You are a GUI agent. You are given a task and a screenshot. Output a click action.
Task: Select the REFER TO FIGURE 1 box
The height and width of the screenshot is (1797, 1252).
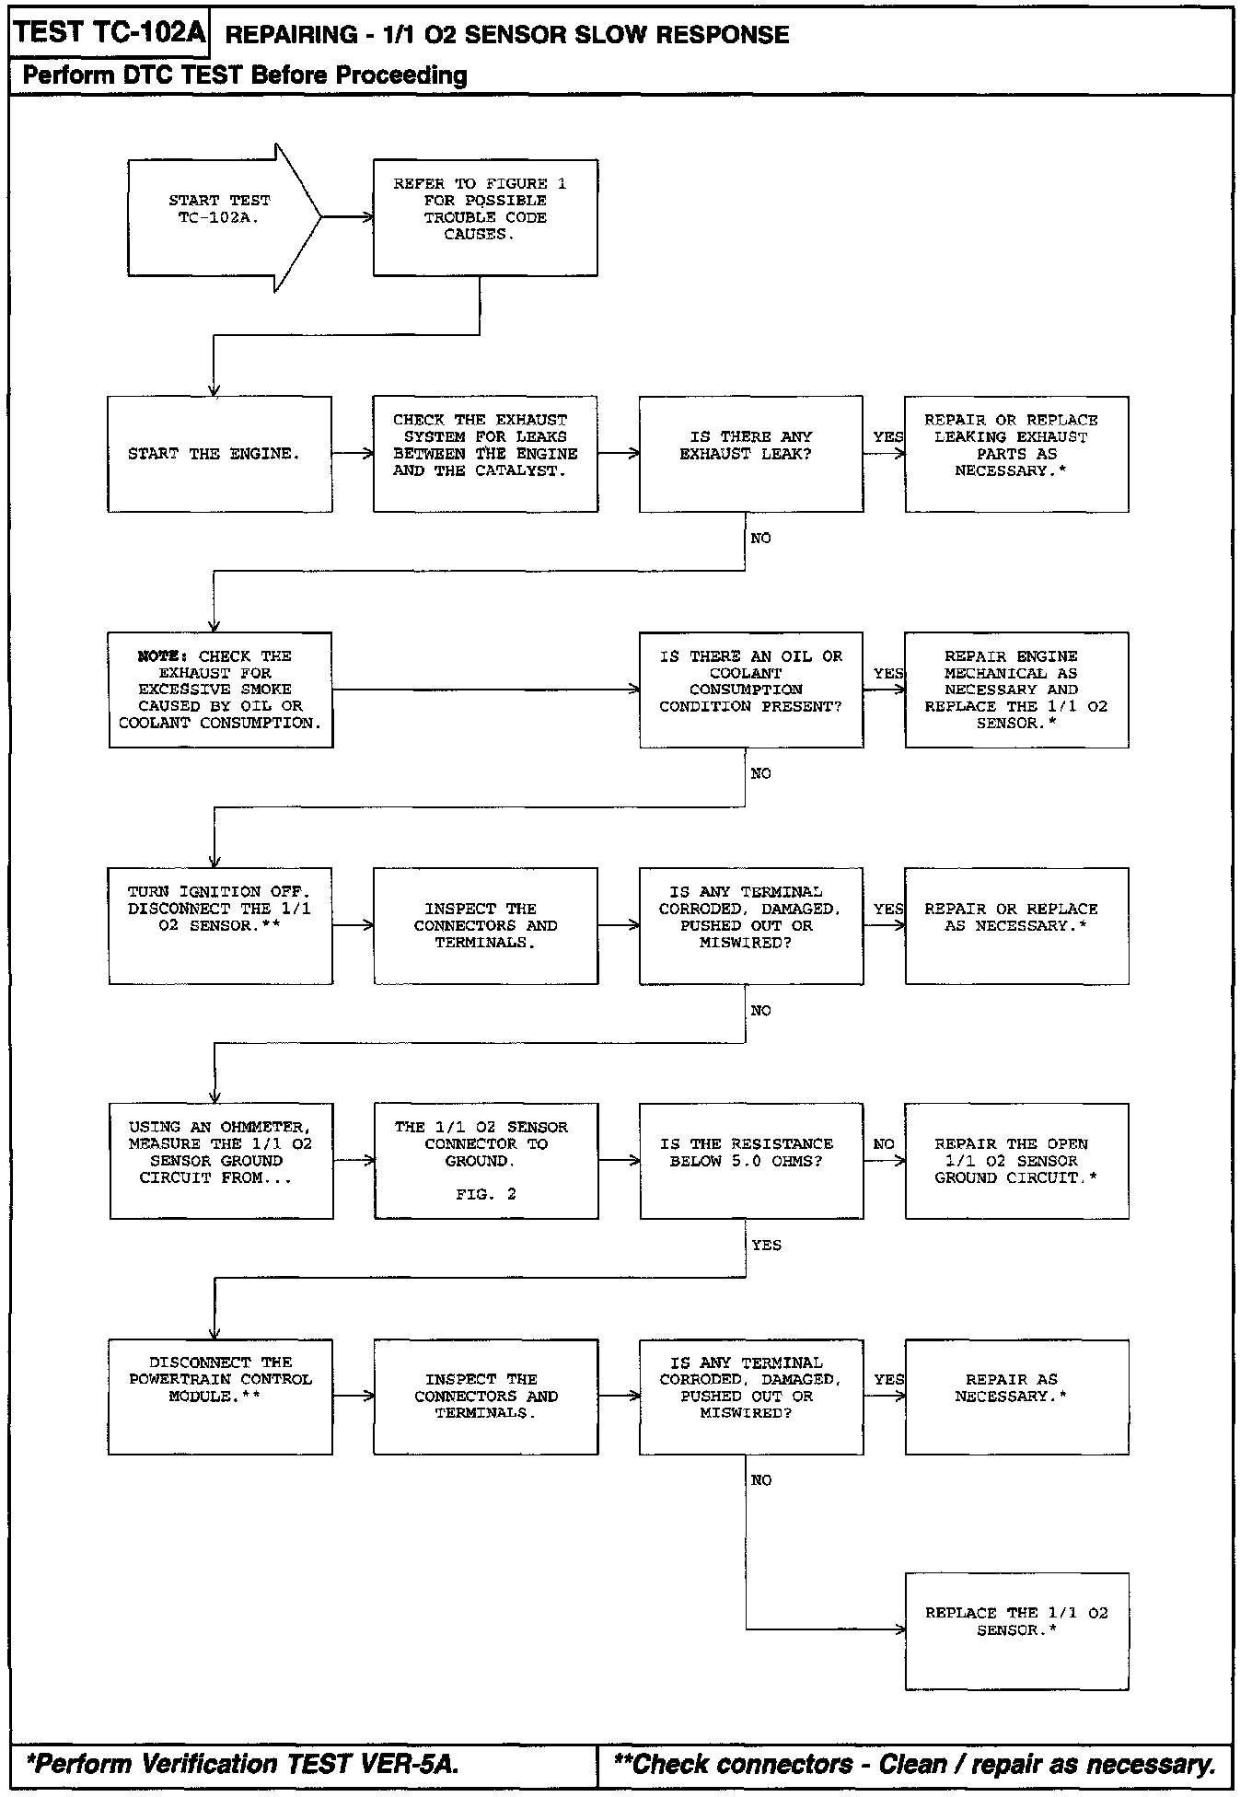(x=485, y=217)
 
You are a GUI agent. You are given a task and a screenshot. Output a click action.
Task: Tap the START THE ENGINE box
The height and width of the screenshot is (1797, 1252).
(x=219, y=454)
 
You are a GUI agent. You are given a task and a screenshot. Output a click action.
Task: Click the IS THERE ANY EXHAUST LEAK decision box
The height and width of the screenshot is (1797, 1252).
(x=750, y=454)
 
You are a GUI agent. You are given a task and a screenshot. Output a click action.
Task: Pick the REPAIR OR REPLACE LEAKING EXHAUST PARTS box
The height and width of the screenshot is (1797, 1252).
(x=1016, y=454)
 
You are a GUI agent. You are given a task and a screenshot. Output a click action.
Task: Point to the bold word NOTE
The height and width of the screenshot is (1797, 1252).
(x=162, y=656)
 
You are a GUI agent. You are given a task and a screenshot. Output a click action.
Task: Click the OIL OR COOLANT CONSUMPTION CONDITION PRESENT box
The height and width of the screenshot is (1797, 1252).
(x=750, y=690)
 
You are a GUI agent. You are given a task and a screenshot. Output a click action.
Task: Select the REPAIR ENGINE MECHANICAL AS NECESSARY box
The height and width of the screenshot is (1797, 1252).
(x=1016, y=690)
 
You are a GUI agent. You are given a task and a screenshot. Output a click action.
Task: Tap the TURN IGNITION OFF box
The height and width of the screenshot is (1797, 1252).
(x=220, y=925)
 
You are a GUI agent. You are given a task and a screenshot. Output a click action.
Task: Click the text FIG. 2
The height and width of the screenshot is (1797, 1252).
(x=486, y=1194)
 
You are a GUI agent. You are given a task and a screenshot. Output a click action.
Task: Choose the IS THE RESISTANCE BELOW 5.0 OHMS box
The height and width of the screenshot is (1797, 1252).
(x=750, y=1161)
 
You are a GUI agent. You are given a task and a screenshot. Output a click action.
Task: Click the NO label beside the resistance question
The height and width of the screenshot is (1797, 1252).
(x=884, y=1144)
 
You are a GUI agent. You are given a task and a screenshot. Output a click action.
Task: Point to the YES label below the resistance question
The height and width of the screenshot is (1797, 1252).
(x=766, y=1246)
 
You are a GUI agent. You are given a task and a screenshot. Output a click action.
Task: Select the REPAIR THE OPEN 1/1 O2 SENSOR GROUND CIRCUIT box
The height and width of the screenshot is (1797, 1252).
(x=1016, y=1161)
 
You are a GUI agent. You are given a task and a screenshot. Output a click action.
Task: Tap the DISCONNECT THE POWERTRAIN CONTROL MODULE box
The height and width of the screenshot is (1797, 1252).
(x=220, y=1397)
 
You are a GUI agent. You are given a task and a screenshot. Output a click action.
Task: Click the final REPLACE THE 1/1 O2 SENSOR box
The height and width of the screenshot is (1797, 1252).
(x=1016, y=1631)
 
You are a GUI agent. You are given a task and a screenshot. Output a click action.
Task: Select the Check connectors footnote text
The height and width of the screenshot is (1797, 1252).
(x=914, y=1764)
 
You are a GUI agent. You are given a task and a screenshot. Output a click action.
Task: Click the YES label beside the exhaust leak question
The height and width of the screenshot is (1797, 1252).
(x=887, y=436)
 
